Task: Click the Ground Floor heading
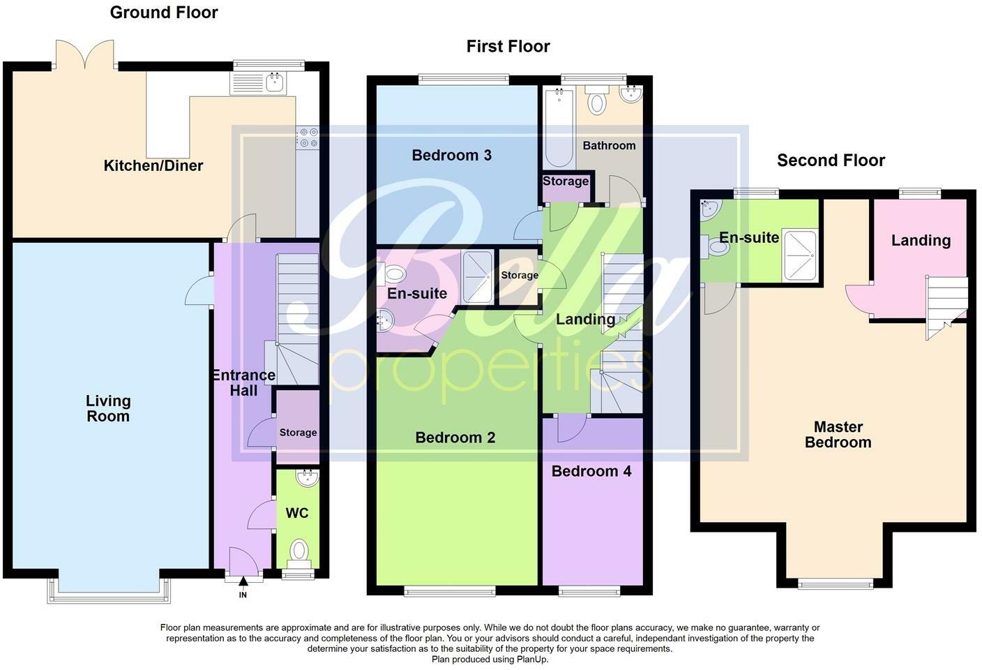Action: [x=164, y=13]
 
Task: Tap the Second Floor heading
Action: [x=831, y=161]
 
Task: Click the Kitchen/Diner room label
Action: [x=153, y=166]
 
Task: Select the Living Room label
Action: [x=108, y=408]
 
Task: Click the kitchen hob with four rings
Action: [x=308, y=137]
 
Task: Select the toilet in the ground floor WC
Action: [x=299, y=551]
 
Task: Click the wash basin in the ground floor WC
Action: [x=307, y=479]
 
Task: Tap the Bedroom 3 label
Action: [x=451, y=156]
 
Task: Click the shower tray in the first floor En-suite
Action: [x=478, y=274]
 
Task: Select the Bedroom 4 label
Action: [x=591, y=472]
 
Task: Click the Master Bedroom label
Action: [x=838, y=434]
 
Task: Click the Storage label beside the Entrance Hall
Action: [x=298, y=433]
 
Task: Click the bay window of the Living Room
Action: [x=108, y=590]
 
